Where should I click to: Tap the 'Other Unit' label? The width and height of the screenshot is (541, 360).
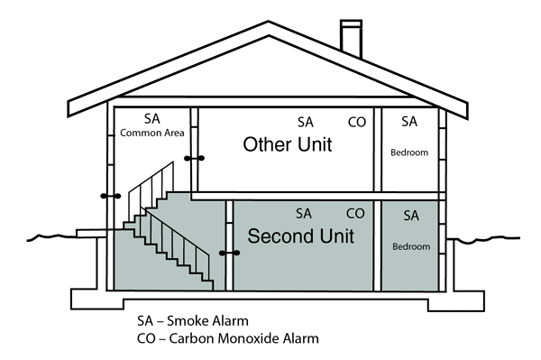coord(287,145)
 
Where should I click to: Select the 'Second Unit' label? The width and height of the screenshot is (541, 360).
coord(300,237)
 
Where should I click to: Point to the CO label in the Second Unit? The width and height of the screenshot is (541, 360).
coord(356,214)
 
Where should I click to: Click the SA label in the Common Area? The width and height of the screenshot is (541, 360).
coord(152,118)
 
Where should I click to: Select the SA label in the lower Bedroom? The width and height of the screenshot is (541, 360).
coord(411,216)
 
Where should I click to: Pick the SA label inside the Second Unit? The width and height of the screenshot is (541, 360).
coord(304,214)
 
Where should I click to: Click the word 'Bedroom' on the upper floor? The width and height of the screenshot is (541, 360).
coord(410,152)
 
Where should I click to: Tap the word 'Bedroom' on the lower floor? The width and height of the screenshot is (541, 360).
coord(411,246)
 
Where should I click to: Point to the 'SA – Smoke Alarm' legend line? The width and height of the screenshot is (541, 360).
coord(192,320)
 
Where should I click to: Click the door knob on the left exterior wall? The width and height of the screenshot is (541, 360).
coord(110,195)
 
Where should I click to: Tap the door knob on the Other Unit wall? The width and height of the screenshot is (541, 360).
coord(194,159)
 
